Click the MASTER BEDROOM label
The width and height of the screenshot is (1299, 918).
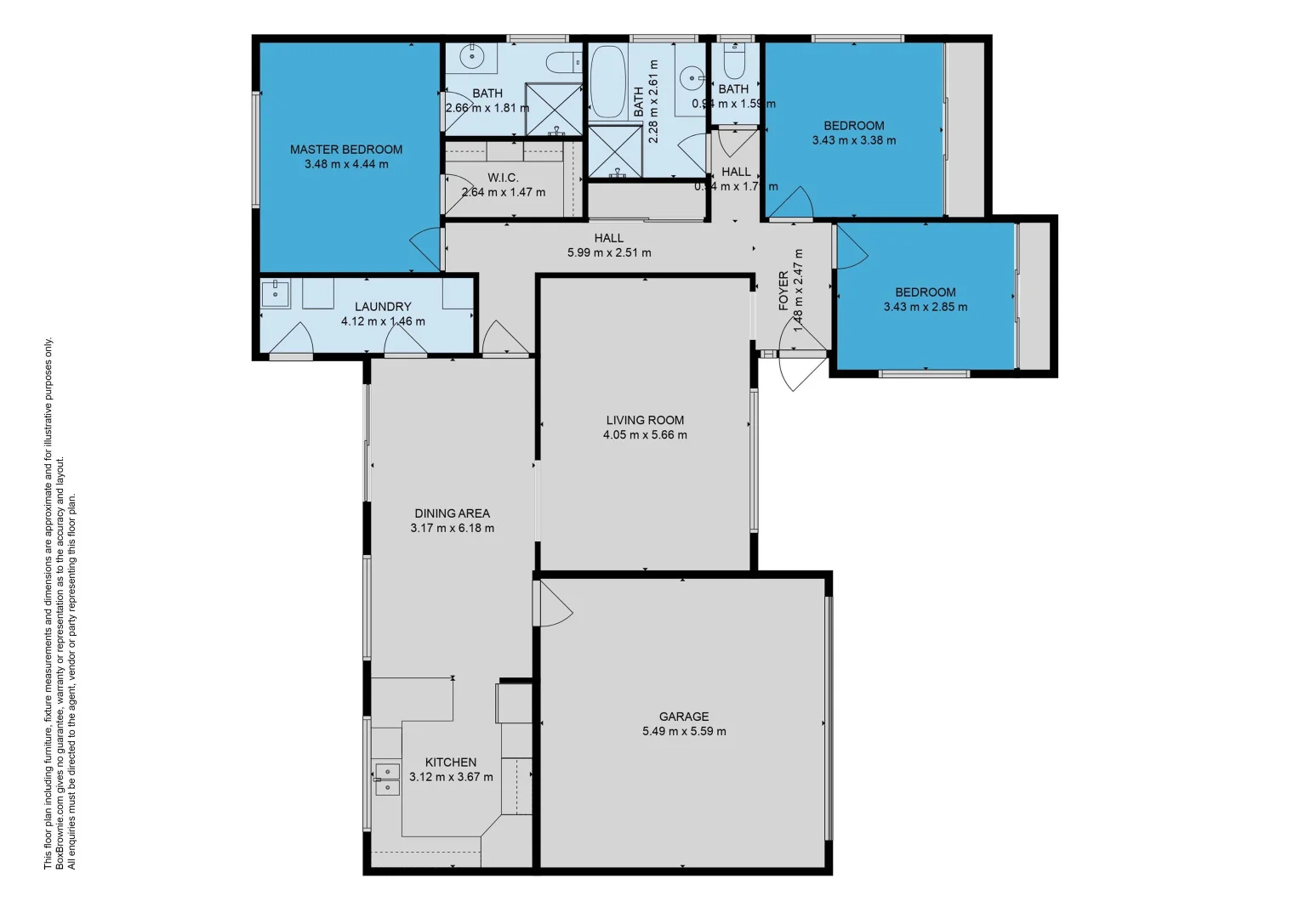(x=346, y=150)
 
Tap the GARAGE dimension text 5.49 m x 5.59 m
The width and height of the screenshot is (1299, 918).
(x=684, y=731)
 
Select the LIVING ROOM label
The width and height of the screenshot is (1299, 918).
(x=645, y=420)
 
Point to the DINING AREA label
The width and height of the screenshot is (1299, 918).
(x=452, y=513)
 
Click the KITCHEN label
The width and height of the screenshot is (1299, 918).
(x=451, y=762)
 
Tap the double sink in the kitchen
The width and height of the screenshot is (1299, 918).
(x=387, y=779)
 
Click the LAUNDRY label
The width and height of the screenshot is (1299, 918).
(x=383, y=307)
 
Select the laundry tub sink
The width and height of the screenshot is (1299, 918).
(x=275, y=294)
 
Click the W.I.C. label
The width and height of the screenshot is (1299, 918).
(x=503, y=178)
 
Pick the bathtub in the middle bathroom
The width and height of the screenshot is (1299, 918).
(x=607, y=82)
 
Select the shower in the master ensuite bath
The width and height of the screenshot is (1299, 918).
(x=553, y=109)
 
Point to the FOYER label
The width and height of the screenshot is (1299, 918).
(x=783, y=291)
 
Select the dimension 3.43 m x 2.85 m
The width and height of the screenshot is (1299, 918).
(x=925, y=307)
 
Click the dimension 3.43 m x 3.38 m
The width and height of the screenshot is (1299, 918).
(x=853, y=140)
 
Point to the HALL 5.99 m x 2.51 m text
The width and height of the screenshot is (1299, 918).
(x=609, y=252)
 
